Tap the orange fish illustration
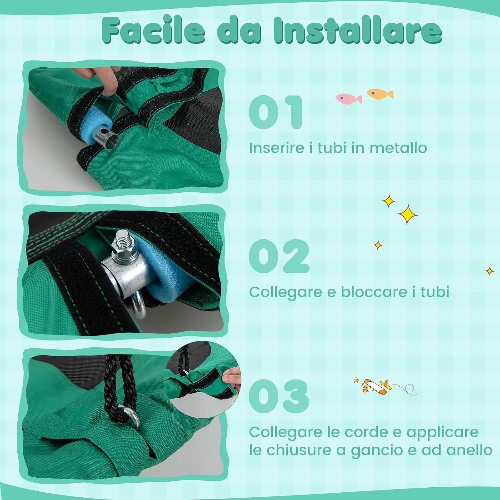pyautogui.click(x=380, y=94)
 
